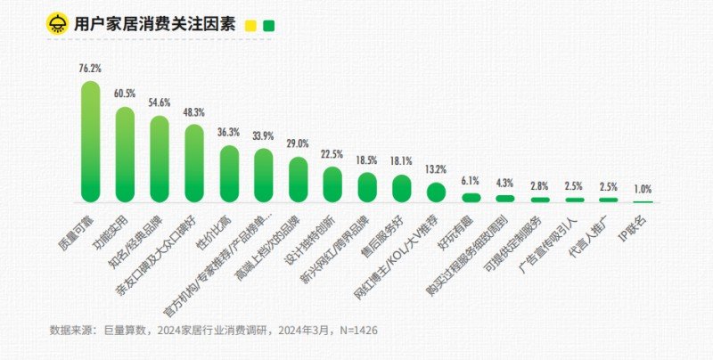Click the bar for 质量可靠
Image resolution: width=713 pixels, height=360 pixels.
click(90, 142)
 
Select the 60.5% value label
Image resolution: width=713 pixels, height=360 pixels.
click(125, 94)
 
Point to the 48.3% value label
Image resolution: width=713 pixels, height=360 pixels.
click(194, 112)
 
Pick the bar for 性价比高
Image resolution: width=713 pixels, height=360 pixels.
click(229, 174)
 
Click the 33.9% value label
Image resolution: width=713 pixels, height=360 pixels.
click(264, 135)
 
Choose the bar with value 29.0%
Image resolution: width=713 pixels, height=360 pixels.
click(299, 180)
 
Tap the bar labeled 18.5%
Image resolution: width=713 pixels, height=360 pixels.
click(367, 187)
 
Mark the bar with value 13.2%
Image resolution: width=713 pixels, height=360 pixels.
click(436, 192)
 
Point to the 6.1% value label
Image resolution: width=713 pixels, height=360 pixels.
click(471, 181)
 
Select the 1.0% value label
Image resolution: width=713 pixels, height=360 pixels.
click(643, 189)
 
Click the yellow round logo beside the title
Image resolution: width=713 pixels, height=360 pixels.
click(58, 24)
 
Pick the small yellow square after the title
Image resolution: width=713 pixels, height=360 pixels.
click(251, 26)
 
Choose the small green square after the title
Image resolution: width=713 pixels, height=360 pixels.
click(268, 26)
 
